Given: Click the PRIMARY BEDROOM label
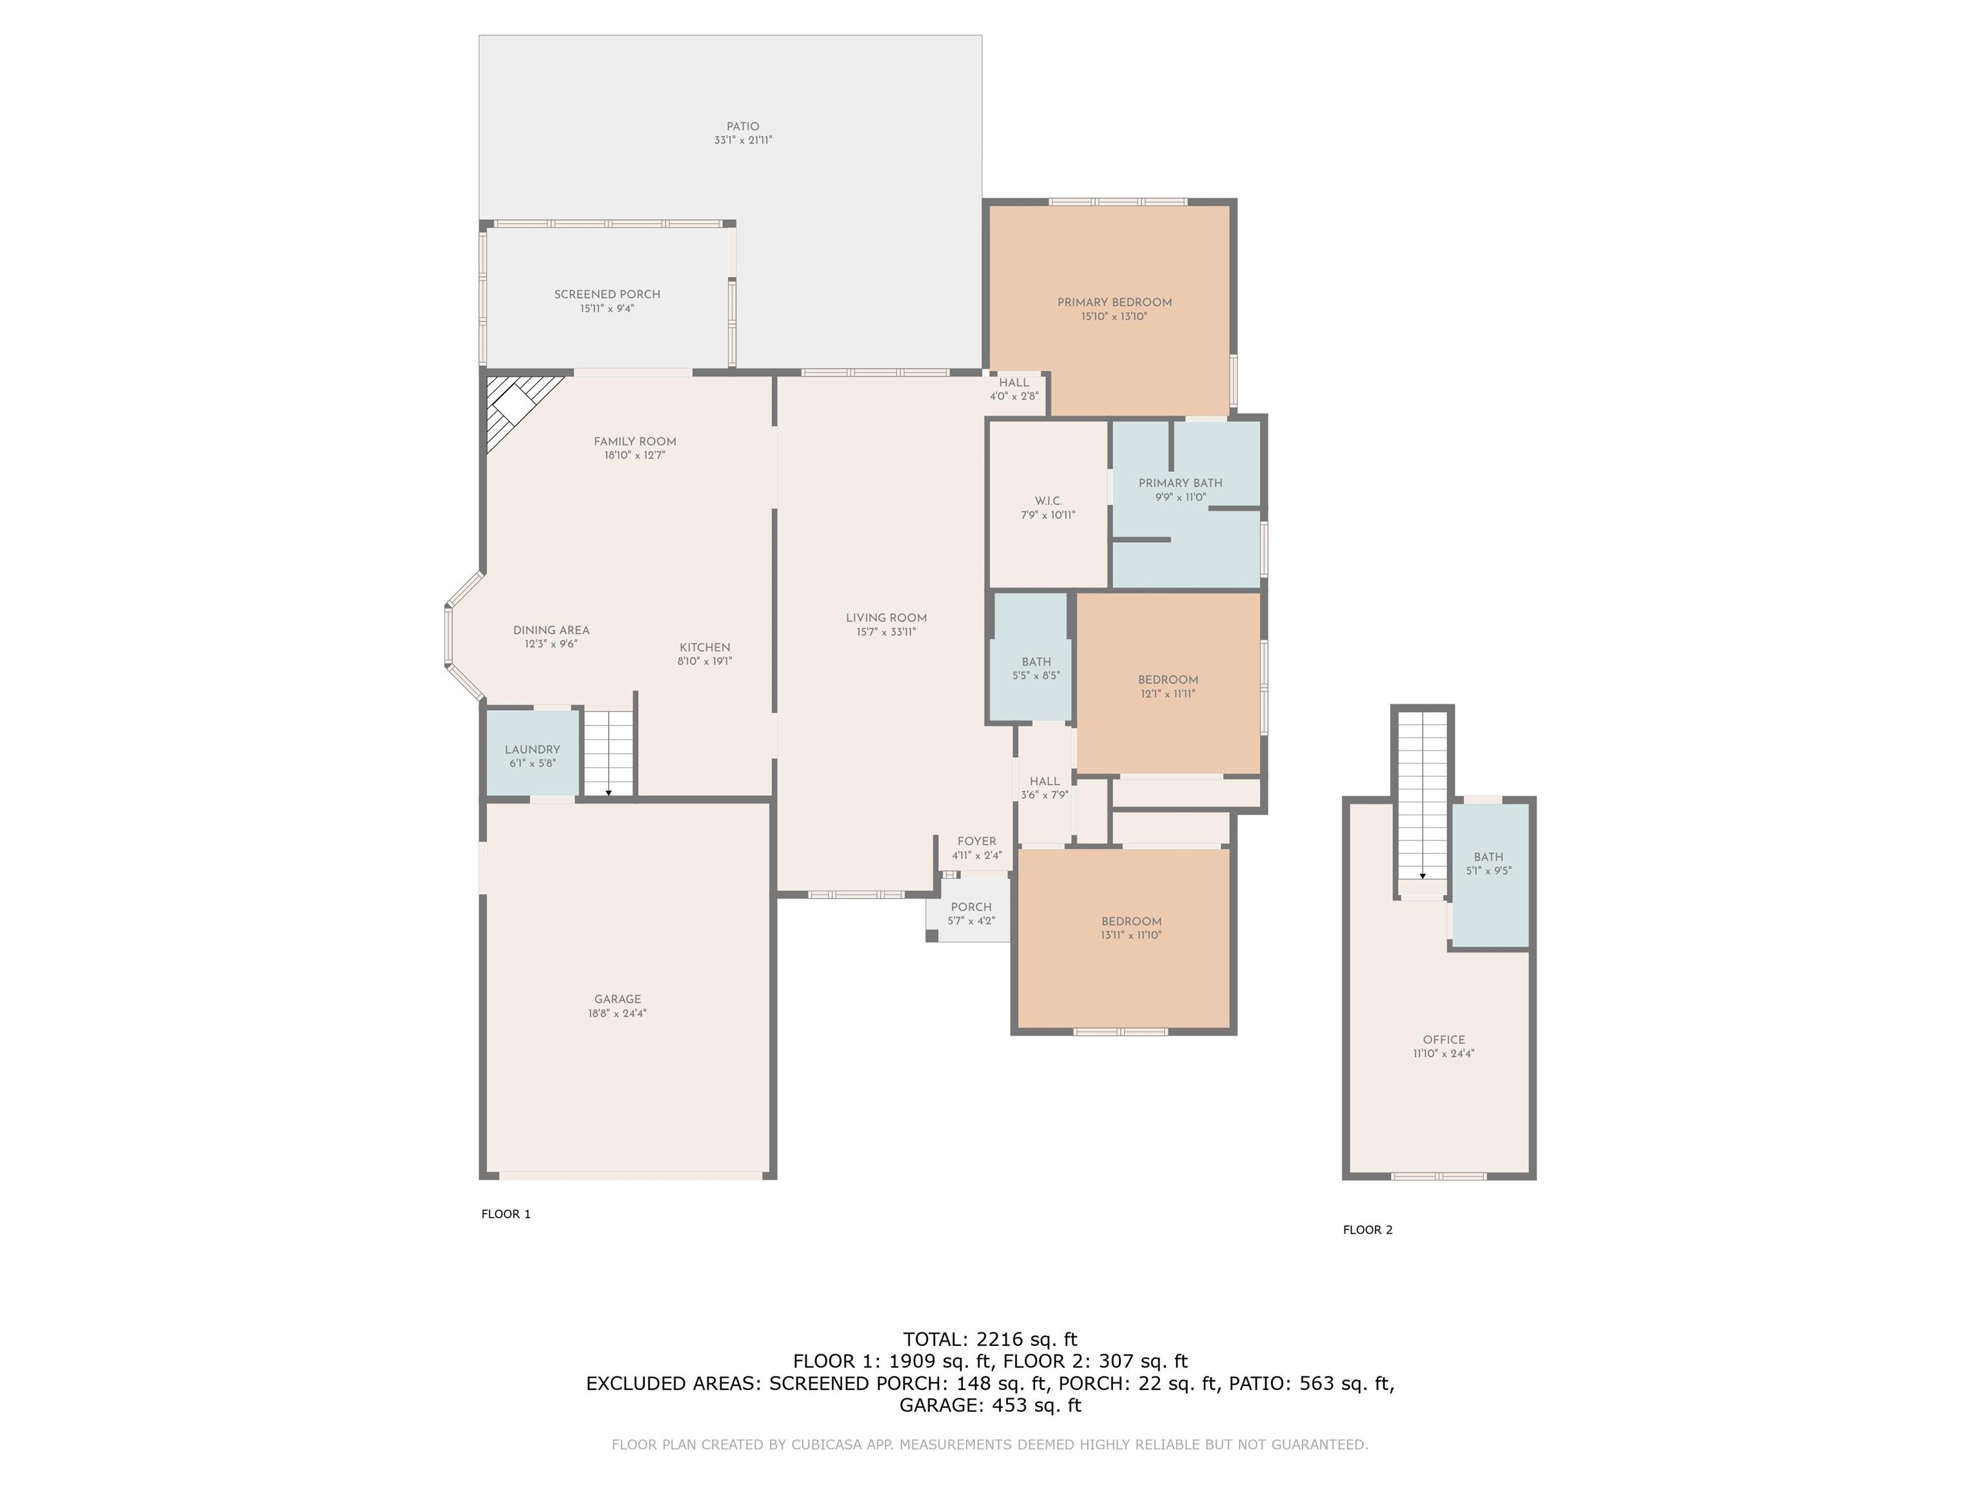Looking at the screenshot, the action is (1114, 302).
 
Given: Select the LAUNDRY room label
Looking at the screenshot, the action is (532, 749).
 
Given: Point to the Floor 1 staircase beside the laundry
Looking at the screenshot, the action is (609, 753).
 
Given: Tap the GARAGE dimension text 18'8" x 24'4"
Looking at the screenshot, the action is (617, 1014).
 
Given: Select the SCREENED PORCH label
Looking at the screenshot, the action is (607, 295).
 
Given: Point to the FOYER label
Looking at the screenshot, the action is (976, 842).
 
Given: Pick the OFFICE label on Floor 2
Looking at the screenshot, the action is (1444, 1040).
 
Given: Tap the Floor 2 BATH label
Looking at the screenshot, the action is (1488, 857).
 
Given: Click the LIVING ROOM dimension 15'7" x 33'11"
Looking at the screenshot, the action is (886, 632).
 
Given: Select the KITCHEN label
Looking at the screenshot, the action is (705, 648).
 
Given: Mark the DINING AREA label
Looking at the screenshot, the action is (551, 631).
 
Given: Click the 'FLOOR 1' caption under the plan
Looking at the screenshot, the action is (506, 1214).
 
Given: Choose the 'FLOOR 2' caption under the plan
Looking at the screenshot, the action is (1368, 1230).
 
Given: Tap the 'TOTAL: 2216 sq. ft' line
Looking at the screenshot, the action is (990, 1340).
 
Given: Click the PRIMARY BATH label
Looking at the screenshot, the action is (1180, 484).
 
